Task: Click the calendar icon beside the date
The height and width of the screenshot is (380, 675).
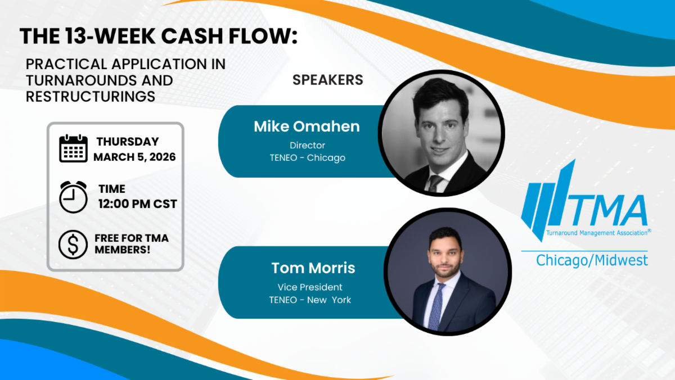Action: [x=73, y=148]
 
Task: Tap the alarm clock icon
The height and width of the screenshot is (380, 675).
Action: [x=73, y=197]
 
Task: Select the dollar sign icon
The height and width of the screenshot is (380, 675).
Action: [x=73, y=245]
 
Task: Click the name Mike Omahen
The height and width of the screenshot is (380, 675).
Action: [x=307, y=126]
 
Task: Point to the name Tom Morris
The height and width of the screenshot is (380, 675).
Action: [x=313, y=268]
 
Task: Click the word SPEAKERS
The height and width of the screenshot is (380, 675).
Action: [x=328, y=80]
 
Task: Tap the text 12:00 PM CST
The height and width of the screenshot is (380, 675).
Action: [x=137, y=204]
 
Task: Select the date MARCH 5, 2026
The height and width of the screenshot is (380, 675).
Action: [x=134, y=157]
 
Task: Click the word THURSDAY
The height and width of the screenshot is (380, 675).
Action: [x=128, y=142]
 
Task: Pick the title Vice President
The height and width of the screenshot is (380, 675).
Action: [x=310, y=287]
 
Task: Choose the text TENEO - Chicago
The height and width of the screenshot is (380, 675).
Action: [x=307, y=158]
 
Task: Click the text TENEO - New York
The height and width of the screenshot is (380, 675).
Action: [x=310, y=300]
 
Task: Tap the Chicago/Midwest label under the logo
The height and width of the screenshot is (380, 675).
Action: [x=592, y=260]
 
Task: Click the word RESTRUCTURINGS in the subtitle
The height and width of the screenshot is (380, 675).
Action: [x=91, y=97]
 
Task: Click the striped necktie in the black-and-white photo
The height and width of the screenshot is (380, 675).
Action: [x=435, y=183]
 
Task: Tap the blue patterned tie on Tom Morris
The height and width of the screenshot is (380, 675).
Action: [x=436, y=306]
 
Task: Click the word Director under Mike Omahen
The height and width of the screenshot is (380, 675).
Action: [x=307, y=146]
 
